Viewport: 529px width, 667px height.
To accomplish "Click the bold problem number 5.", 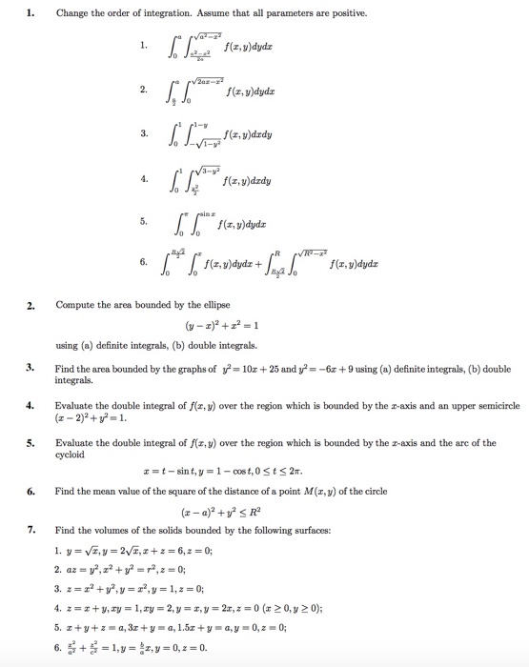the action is [31, 442].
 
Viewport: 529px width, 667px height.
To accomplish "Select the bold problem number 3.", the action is [31, 366].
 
